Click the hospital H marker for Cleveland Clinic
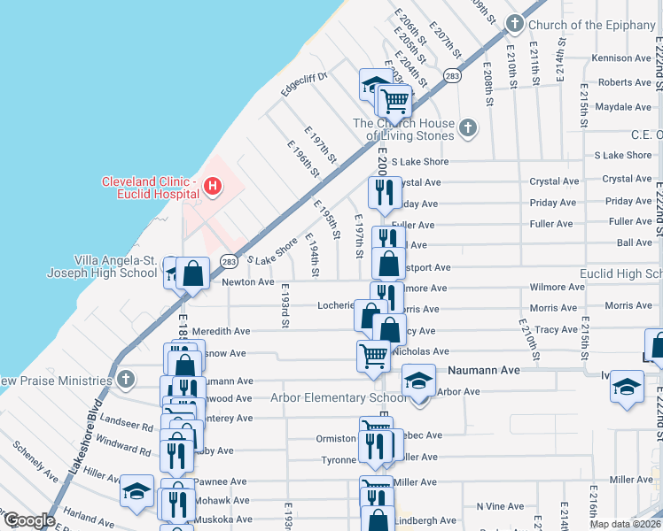pos(213,186)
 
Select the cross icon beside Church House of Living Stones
pos(469,130)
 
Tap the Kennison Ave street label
pos(621,58)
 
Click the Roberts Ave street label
pos(624,82)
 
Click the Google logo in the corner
pos(29,520)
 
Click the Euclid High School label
pos(620,274)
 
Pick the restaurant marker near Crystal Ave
pos(383,192)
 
